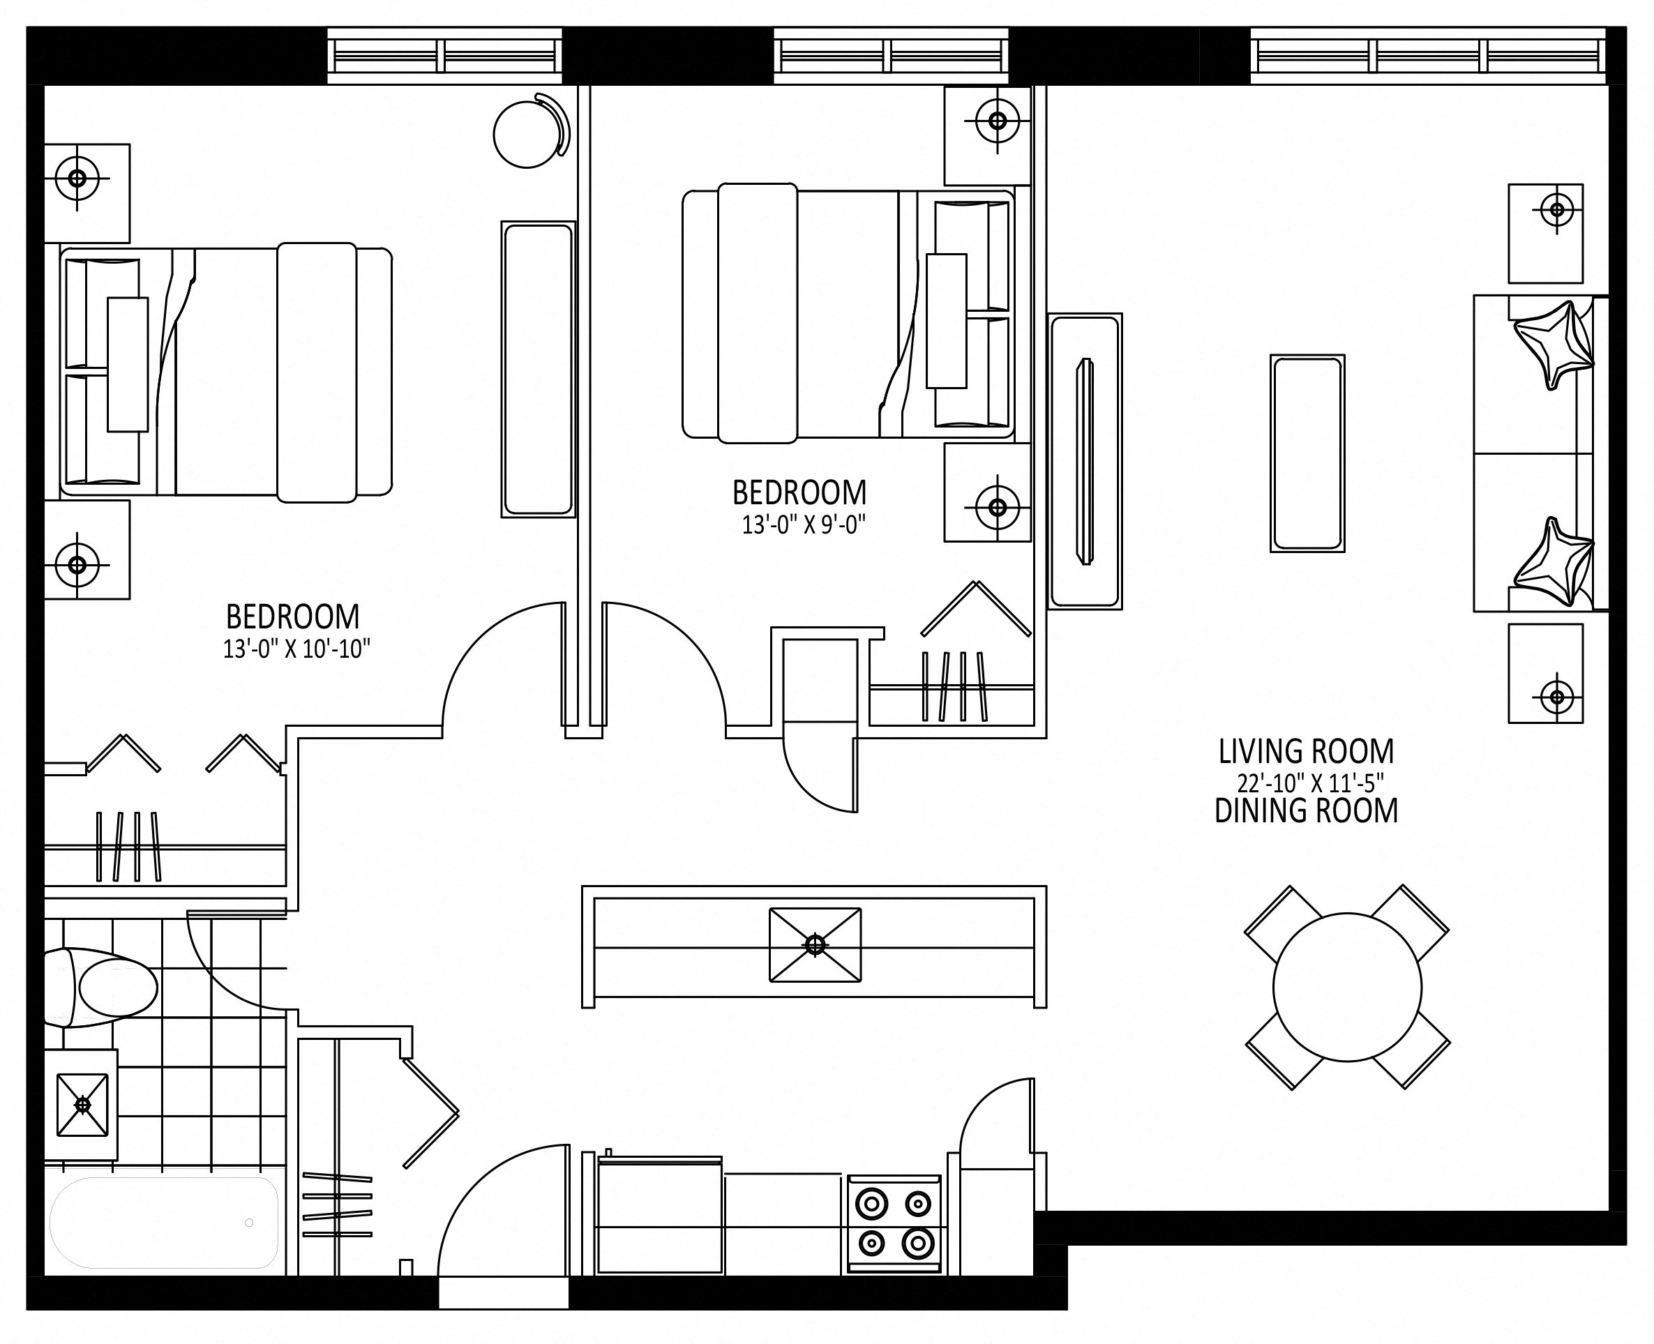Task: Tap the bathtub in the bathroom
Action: click(164, 1223)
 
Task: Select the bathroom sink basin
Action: click(82, 1105)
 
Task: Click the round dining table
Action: click(1347, 987)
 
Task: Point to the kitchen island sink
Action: click(815, 944)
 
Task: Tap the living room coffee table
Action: click(1307, 453)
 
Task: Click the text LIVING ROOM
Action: click(1307, 751)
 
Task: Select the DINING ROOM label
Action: click(1307, 810)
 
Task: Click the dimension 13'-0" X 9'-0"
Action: click(803, 525)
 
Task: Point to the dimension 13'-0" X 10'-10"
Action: click(296, 649)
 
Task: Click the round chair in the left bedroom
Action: click(531, 133)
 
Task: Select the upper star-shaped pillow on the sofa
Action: click(1554, 345)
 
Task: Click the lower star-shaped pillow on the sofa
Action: click(1554, 562)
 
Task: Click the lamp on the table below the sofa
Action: click(1556, 697)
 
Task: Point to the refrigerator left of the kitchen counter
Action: click(660, 1214)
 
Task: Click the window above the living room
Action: click(1427, 56)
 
